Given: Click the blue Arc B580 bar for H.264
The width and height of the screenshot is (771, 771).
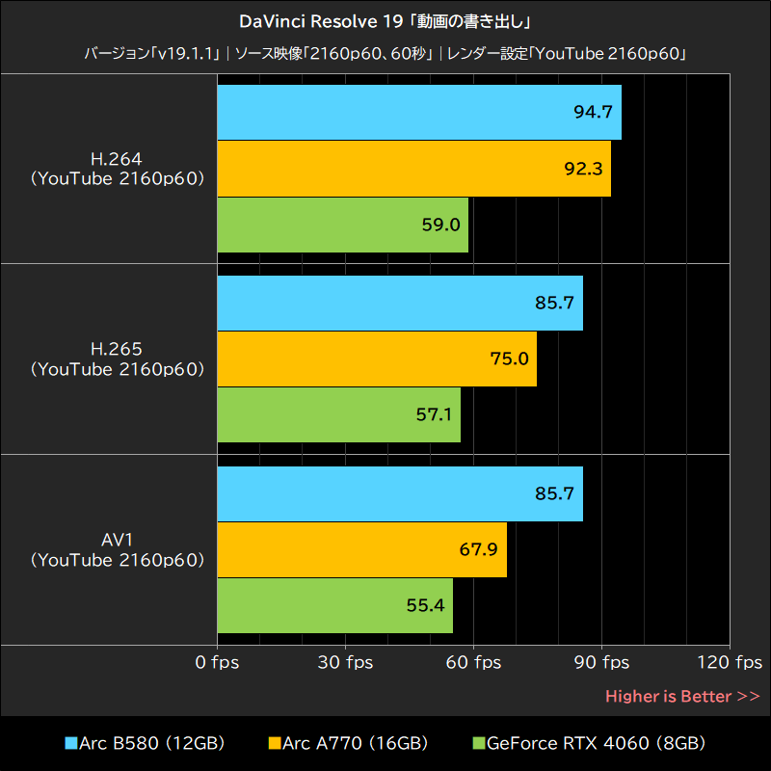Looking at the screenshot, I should tap(419, 112).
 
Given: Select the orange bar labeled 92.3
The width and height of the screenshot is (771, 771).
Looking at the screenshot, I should tap(414, 169).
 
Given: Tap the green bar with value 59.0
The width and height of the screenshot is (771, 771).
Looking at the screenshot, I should tap(342, 226).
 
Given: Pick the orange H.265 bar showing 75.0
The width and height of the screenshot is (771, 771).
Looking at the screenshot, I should tap(377, 359).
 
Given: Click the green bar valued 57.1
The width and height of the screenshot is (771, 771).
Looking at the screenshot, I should tap(338, 415).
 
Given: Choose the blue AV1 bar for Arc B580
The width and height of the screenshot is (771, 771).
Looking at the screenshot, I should tap(400, 493).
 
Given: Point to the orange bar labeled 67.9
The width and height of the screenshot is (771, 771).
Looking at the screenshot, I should tap(361, 549).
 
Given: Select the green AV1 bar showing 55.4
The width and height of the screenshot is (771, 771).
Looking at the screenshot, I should tap(334, 606).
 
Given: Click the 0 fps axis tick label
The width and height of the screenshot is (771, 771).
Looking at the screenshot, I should tap(217, 663).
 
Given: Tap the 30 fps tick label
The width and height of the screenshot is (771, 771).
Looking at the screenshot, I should tap(346, 663).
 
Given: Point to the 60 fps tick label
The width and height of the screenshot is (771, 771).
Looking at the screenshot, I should tap(474, 663).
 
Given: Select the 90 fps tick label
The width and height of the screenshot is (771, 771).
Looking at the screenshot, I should tap(602, 663).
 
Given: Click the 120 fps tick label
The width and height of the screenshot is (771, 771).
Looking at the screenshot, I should tap(731, 663).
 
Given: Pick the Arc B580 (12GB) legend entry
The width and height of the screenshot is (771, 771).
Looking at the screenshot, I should tap(145, 743).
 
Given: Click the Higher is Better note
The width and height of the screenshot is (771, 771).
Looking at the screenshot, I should tap(682, 696).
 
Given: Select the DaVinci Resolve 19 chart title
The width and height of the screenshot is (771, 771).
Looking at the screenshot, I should tap(385, 20).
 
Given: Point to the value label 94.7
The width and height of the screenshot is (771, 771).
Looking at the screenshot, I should tap(593, 112).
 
